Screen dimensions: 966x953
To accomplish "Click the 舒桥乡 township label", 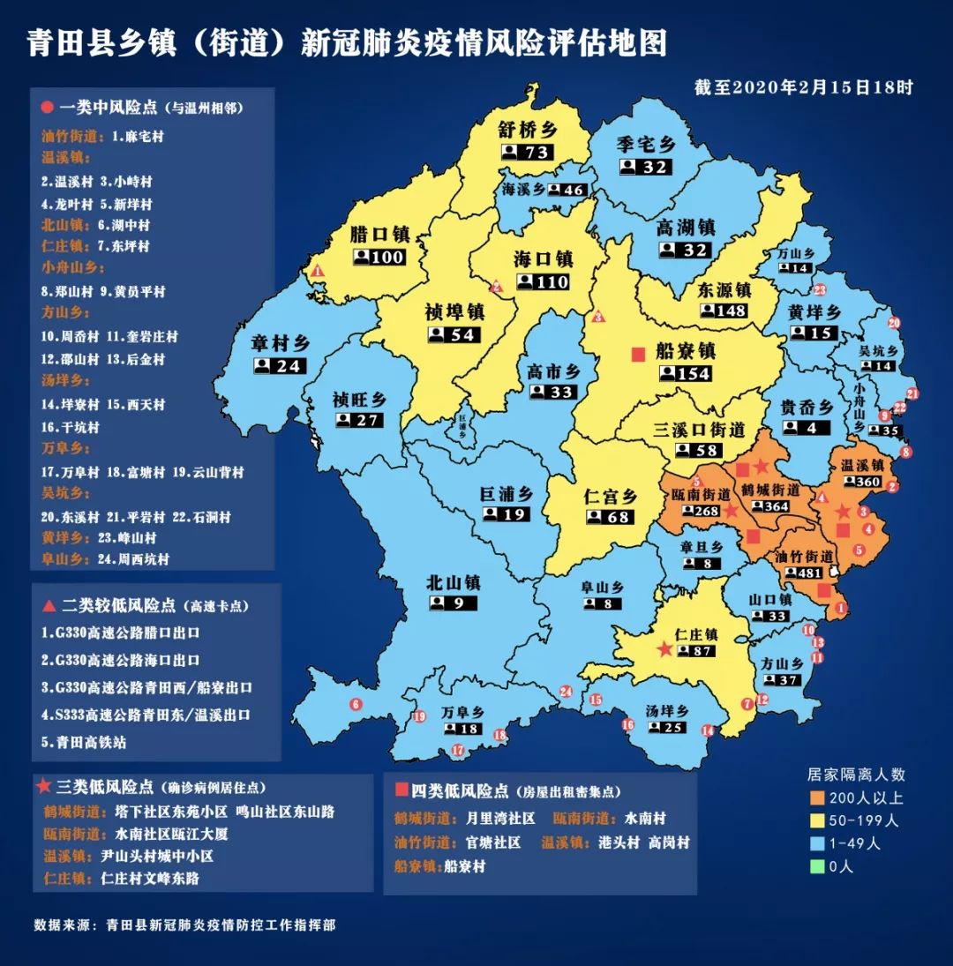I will click(x=528, y=130).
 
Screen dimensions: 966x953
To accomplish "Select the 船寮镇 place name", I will click(x=686, y=351).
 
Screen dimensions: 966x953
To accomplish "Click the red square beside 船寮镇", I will click(x=638, y=354).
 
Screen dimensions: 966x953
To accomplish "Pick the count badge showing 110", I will click(x=543, y=282).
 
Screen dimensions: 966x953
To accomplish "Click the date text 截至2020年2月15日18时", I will click(x=803, y=87).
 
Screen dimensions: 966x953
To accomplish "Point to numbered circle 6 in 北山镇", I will click(x=356, y=704).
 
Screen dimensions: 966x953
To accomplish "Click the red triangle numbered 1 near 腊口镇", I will click(x=318, y=271).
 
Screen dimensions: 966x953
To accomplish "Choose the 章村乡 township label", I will click(x=279, y=344).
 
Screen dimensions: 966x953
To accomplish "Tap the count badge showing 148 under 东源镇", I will click(x=724, y=311).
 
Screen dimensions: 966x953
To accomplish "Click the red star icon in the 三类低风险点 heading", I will click(x=44, y=785).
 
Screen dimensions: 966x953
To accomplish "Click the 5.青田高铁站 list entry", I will click(x=84, y=742).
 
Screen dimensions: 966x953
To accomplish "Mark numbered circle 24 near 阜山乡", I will click(x=567, y=692).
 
